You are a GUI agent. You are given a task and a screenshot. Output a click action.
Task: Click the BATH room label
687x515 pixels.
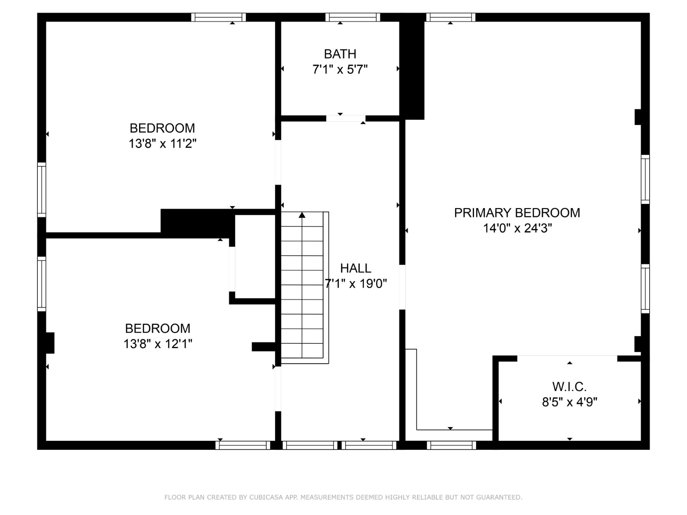point(340,54)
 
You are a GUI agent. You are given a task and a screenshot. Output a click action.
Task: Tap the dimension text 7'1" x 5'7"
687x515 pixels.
point(340,69)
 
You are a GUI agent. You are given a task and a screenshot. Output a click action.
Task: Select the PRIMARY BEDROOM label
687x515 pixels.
point(517,213)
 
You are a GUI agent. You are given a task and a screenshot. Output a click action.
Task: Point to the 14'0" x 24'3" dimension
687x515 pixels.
point(517,228)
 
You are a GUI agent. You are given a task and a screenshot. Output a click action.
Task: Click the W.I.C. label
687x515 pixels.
point(569,387)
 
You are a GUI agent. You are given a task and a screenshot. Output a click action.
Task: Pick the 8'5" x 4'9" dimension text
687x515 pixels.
point(569,402)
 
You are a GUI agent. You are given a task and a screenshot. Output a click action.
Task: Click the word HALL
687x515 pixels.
point(356,268)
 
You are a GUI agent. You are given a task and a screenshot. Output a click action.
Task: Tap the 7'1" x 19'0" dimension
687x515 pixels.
point(356,284)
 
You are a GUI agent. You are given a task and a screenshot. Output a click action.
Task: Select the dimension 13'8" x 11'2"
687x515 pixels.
point(162,143)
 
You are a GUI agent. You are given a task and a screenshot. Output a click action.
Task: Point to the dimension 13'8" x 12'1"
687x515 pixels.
point(158,344)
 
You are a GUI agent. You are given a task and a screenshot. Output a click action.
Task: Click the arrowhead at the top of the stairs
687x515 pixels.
point(302,215)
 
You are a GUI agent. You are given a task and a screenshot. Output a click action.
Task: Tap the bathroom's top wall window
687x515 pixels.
point(353,17)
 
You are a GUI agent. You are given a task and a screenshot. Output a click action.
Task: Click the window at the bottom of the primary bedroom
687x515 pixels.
point(451,445)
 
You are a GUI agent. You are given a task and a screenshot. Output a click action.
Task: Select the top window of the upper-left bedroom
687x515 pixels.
point(218,17)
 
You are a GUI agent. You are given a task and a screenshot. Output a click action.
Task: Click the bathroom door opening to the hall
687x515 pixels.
point(346,118)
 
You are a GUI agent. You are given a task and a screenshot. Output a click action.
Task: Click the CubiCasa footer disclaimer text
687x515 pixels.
point(343,497)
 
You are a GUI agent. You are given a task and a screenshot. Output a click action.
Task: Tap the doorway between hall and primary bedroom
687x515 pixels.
point(402,287)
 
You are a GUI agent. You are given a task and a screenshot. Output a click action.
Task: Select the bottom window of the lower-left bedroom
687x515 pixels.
point(243,445)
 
